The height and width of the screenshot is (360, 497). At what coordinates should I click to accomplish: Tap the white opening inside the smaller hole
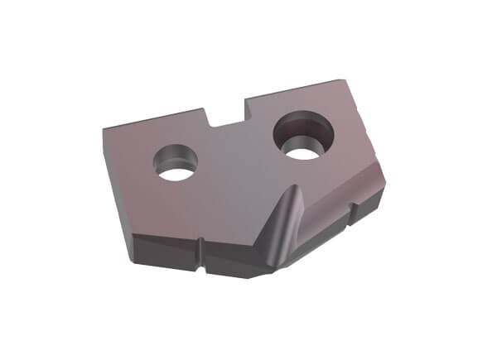(176, 169)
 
